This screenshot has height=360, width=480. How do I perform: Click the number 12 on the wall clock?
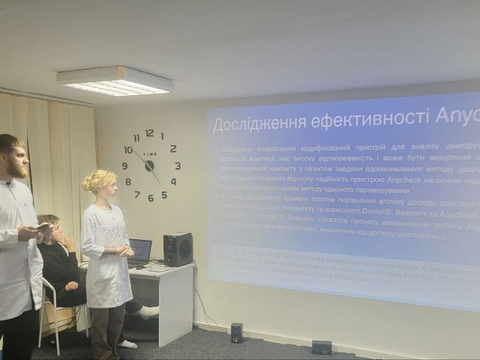pos(150,133)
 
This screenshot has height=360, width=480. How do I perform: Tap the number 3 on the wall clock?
pos(178,165)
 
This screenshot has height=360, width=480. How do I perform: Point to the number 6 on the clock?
pos(150,198)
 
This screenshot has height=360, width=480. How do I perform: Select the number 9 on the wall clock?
pos(125,165)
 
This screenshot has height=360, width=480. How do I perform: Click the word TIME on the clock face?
pos(150,154)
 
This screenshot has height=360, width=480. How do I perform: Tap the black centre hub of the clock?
pos(149,165)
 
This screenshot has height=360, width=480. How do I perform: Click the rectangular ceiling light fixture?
pos(115,81)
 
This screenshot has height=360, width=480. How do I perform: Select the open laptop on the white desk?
pos(140,251)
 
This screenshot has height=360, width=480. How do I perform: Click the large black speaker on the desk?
pos(178,249)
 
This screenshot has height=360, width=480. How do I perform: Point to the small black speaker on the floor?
pos(237,332)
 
